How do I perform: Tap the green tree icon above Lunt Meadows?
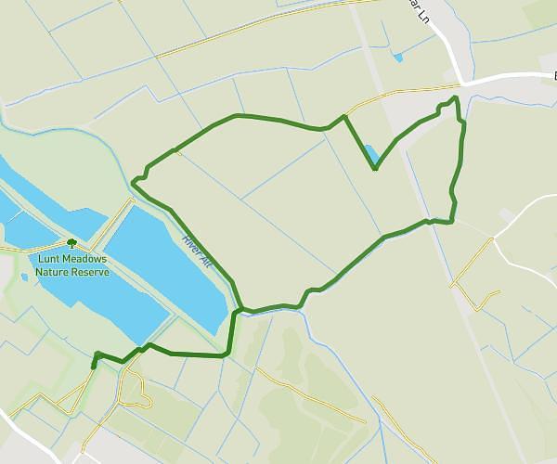pyautogui.click(x=71, y=243)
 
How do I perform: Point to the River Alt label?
pyautogui.click(x=197, y=250)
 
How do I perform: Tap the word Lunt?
pyautogui.click(x=49, y=260)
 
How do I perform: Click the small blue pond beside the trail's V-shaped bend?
pyautogui.click(x=370, y=153)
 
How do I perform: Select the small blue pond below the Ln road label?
pyautogui.click(x=398, y=58)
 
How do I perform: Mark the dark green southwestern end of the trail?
pyautogui.click(x=93, y=366)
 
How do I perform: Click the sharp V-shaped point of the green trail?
pyautogui.click(x=375, y=169)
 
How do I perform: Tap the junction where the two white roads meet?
pyautogui.click(x=462, y=83)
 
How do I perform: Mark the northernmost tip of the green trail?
pyautogui.click(x=455, y=97)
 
